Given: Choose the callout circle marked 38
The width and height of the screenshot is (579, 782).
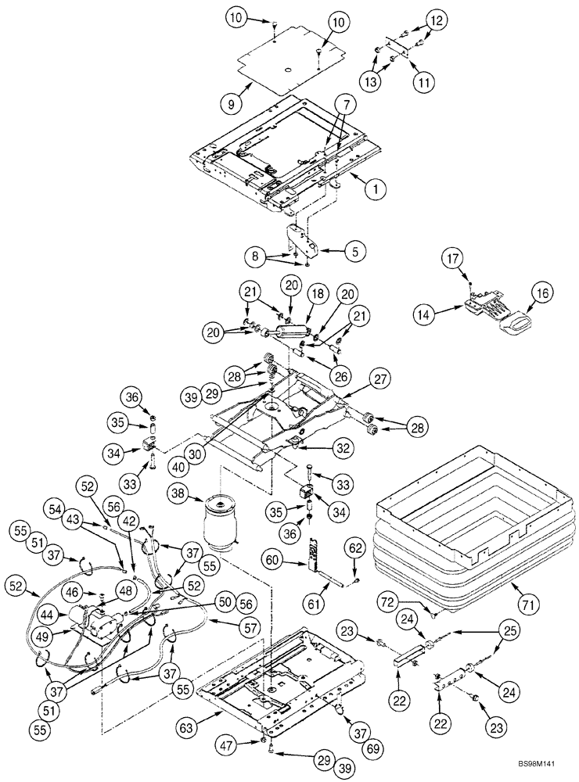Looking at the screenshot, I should pyautogui.click(x=177, y=494).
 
